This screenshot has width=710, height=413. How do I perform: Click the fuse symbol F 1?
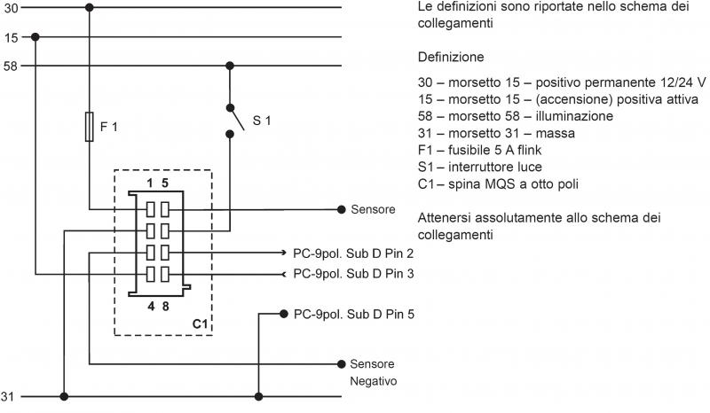[89, 126]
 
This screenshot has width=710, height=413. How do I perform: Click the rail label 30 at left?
[10, 8]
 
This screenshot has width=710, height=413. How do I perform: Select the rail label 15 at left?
[10, 37]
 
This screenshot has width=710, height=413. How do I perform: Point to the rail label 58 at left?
[10, 66]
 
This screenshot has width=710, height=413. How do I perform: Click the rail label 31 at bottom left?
[10, 396]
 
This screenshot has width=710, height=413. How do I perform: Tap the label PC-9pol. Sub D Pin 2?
[353, 253]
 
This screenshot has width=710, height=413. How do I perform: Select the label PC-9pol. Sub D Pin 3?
[353, 274]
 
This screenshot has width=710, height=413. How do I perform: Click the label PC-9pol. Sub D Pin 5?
[353, 314]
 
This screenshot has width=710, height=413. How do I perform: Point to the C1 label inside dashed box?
[200, 325]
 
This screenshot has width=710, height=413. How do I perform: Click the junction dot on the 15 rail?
[35, 37]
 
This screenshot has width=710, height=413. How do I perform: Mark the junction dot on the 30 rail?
[89, 8]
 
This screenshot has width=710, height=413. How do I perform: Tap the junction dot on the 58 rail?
[230, 66]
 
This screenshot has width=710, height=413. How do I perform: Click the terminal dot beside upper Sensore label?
[341, 210]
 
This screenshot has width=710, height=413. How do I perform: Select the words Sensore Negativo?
[373, 372]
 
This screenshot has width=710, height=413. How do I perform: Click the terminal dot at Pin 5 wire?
[283, 314]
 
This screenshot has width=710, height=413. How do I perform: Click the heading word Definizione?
[450, 56]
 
